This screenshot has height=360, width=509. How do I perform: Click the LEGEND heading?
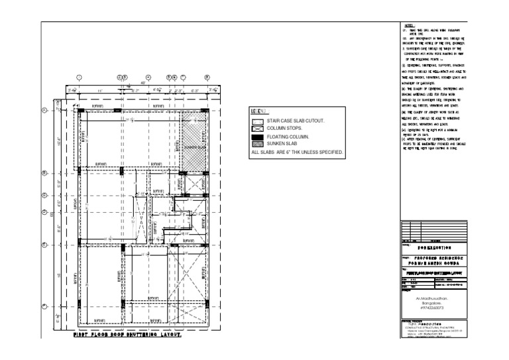pyautogui.click(x=258, y=111)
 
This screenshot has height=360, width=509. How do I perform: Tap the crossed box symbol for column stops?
pyautogui.click(x=256, y=129)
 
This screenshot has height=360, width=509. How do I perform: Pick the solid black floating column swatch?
pyautogui.click(x=256, y=136)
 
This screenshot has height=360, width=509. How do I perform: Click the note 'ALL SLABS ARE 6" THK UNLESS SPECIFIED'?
pyautogui.click(x=297, y=152)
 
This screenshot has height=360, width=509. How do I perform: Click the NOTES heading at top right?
pyautogui.click(x=409, y=25)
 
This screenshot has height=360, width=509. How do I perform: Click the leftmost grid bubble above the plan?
pyautogui.click(x=79, y=76)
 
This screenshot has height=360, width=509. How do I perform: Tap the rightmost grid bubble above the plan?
pyautogui.click(x=207, y=76)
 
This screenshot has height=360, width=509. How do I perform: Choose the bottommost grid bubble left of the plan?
pyautogui.click(x=45, y=306)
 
